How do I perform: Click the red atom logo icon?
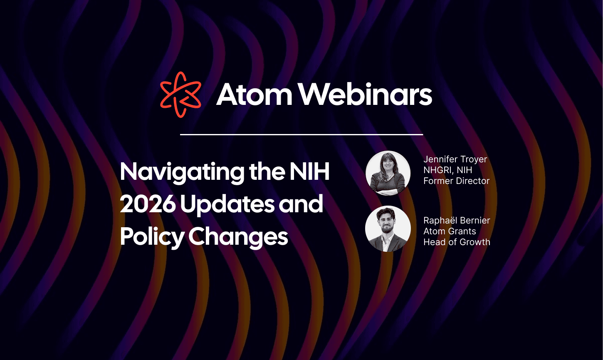point(180,94)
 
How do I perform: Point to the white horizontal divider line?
point(301,134)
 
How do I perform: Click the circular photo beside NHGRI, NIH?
point(388,173)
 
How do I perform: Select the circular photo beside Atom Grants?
point(388,229)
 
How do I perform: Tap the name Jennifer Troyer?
point(455,159)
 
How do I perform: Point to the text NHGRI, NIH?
point(447,170)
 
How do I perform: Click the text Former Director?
point(456,181)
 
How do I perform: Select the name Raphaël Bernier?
point(457,220)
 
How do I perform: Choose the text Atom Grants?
point(450,231)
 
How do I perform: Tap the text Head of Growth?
point(457,242)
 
